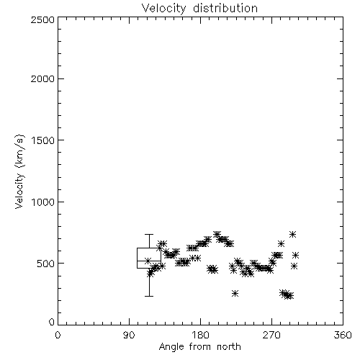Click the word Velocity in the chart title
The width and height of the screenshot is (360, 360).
point(164,8)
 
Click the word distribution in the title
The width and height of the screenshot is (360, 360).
point(225,8)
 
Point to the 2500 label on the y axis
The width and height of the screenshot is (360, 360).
point(42,19)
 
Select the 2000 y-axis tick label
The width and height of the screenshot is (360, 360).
point(42,79)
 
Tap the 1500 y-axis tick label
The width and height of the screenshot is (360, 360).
point(42,140)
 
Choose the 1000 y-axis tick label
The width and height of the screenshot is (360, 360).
point(42,202)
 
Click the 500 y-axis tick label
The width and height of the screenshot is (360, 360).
point(46,264)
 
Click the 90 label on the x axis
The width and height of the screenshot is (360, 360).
point(129,335)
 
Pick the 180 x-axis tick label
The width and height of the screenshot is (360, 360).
point(200,335)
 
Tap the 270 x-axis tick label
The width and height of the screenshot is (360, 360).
point(271,335)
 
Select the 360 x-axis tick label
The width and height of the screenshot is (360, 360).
point(343,335)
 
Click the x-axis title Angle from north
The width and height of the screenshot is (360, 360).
point(200,347)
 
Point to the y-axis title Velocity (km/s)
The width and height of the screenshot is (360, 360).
point(19,171)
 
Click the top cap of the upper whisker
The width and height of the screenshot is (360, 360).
point(149,234)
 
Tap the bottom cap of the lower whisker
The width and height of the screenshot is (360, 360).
point(149,296)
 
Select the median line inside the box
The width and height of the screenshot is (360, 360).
point(149,261)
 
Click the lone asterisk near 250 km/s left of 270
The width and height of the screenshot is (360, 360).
point(235,293)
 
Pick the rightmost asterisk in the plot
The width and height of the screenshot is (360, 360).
point(296,255)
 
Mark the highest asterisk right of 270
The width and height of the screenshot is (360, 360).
point(292,235)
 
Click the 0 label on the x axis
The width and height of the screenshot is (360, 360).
point(58,335)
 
